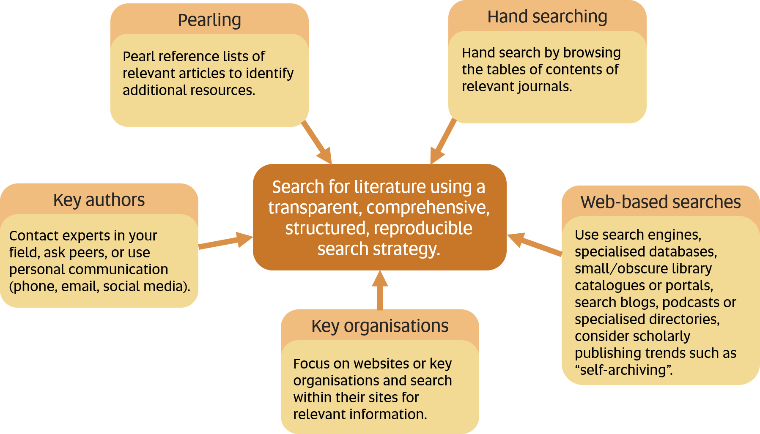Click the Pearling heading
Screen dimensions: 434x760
tap(209, 20)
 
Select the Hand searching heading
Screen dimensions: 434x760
tap(547, 17)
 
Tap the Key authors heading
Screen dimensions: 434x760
tap(99, 200)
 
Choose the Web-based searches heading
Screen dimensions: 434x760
tap(661, 202)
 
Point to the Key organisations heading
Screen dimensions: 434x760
tap(380, 326)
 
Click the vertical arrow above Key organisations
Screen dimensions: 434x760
tap(380, 290)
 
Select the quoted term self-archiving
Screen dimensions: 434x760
tap(623, 370)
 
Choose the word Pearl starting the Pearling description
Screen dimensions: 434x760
tap(138, 56)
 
